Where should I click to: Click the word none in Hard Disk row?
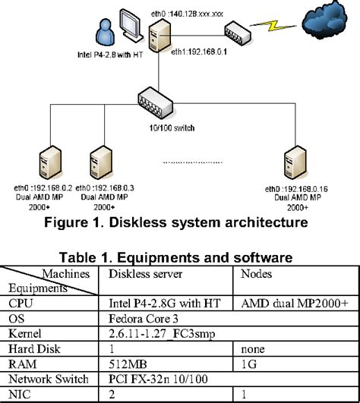coord(254,348)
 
